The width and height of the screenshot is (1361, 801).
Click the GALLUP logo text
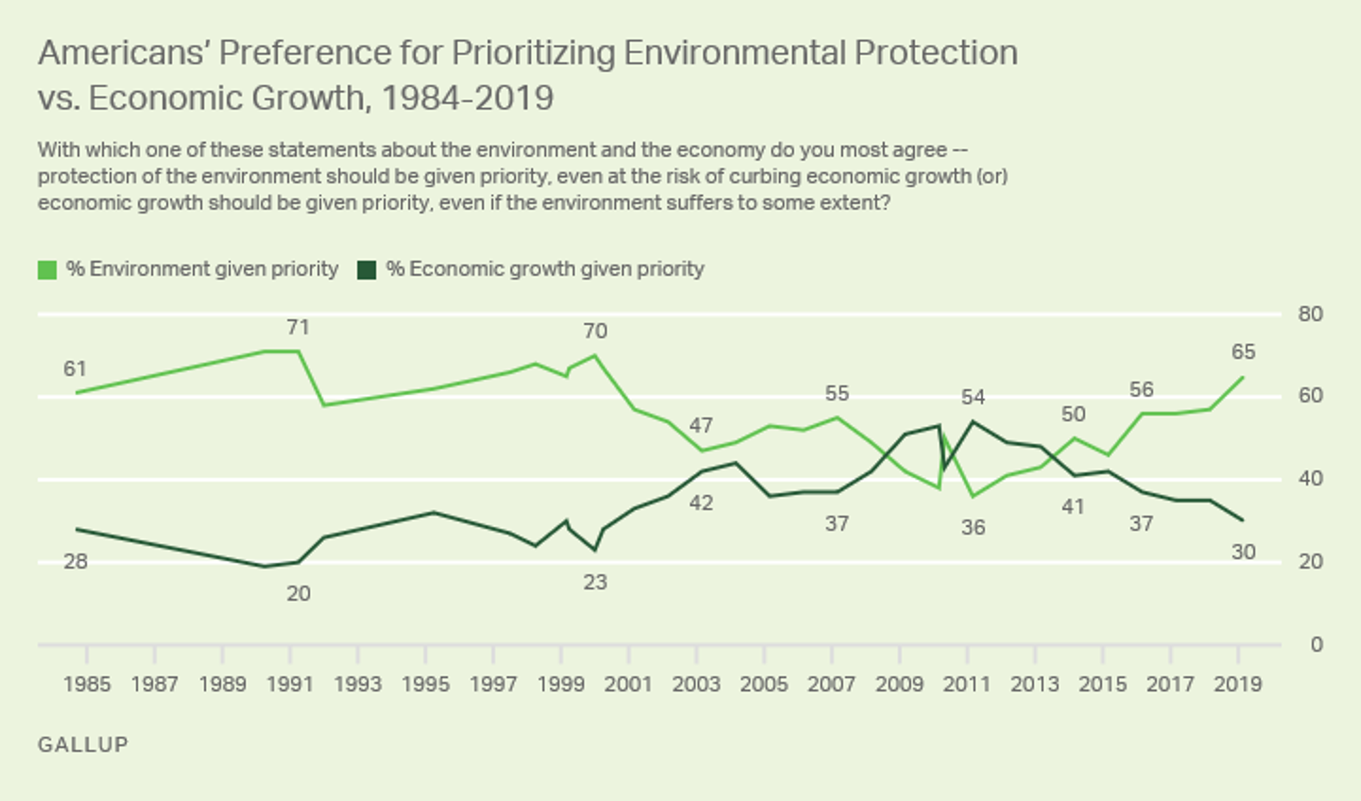pyautogui.click(x=83, y=745)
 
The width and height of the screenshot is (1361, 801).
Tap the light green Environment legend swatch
pyautogui.click(x=47, y=269)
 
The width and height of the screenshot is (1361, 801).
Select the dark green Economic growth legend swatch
pyautogui.click(x=367, y=269)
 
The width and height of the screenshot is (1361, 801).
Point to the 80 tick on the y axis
pyautogui.click(x=1310, y=314)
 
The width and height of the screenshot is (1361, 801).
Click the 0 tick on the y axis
pyautogui.click(x=1316, y=644)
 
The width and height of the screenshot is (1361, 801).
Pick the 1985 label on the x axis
pyautogui.click(x=87, y=684)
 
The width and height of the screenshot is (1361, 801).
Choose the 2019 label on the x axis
pyautogui.click(x=1238, y=684)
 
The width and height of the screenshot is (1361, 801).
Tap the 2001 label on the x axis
pyautogui.click(x=629, y=684)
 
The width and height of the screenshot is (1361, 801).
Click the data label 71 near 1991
pyautogui.click(x=298, y=327)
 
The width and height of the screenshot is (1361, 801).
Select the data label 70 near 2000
pyautogui.click(x=595, y=331)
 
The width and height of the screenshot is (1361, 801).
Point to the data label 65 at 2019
pyautogui.click(x=1243, y=352)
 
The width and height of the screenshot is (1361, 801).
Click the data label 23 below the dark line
pyautogui.click(x=595, y=583)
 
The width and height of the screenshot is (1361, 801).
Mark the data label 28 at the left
pyautogui.click(x=76, y=561)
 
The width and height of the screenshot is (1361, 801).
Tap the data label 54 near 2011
pyautogui.click(x=973, y=397)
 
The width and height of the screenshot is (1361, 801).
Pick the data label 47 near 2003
pyautogui.click(x=701, y=425)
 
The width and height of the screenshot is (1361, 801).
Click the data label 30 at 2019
pyautogui.click(x=1243, y=552)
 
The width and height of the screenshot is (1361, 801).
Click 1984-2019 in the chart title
pyautogui.click(x=468, y=98)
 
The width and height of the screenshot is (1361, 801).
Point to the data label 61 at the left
pyautogui.click(x=75, y=369)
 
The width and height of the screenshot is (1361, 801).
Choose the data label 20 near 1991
pyautogui.click(x=298, y=593)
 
